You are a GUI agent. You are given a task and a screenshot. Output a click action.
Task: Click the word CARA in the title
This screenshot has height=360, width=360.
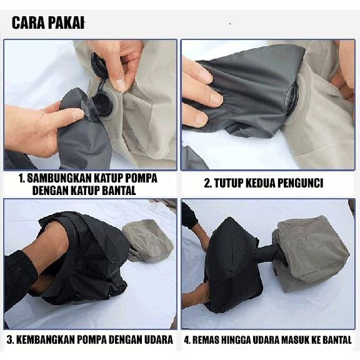click(x=28, y=23)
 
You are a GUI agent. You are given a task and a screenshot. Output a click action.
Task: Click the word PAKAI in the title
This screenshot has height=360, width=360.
click(x=65, y=23)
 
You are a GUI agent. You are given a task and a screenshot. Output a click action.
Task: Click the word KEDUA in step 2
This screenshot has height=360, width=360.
click(x=262, y=184)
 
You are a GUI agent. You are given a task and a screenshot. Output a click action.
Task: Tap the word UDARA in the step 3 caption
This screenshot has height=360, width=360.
click(x=157, y=341)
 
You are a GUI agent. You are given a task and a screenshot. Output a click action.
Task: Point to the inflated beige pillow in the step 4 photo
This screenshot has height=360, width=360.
click(x=311, y=250)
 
